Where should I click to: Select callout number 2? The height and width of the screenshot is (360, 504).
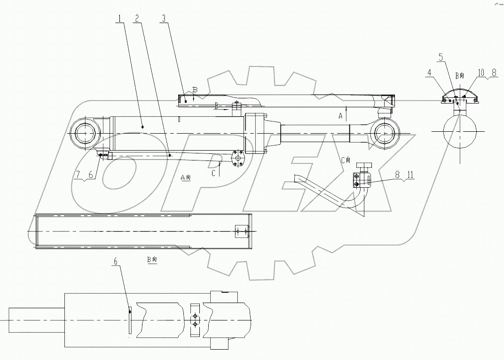(x=136, y=19)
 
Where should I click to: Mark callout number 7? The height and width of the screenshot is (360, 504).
(x=77, y=175)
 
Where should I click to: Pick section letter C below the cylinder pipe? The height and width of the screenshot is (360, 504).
(x=213, y=173)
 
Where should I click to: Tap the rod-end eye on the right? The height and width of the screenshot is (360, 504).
(x=384, y=133)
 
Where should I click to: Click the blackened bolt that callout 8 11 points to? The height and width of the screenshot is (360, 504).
(x=357, y=184)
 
